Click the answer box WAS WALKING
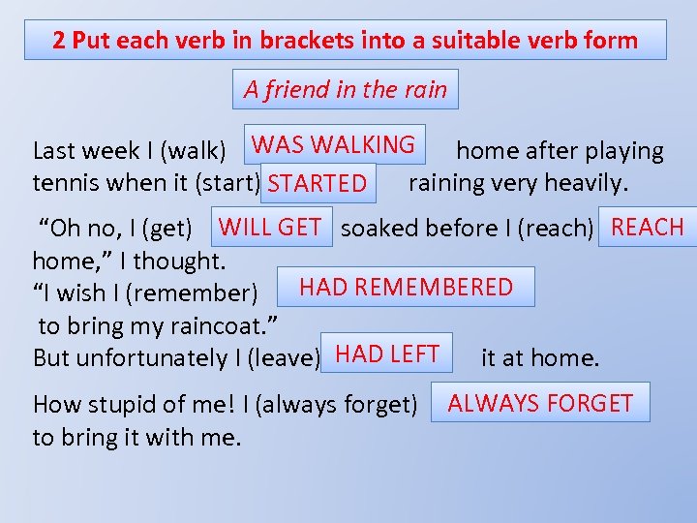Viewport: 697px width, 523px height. tap(333, 145)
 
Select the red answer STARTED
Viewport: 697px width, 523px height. tap(318, 183)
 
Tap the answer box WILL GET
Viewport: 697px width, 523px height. tap(270, 228)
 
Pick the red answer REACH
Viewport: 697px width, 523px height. tap(647, 228)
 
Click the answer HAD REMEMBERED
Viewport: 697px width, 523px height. tap(406, 287)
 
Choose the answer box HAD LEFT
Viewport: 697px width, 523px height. tap(387, 354)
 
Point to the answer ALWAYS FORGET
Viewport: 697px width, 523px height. tap(540, 403)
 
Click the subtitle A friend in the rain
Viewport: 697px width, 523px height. tap(345, 90)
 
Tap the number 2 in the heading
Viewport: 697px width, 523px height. tap(59, 41)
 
